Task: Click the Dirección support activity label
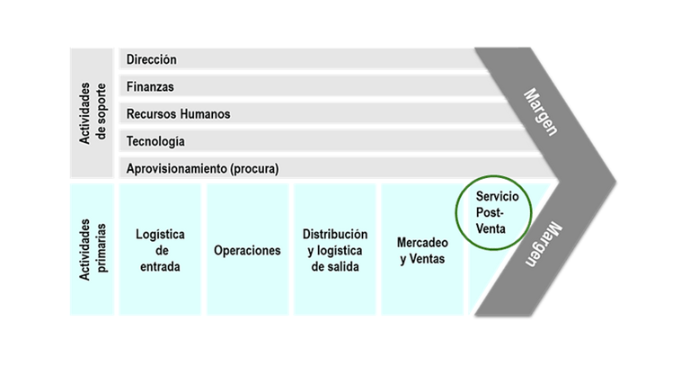tap(152, 59)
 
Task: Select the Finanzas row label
tap(150, 87)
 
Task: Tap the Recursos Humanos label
tap(178, 114)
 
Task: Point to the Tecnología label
tap(155, 141)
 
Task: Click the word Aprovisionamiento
tap(175, 168)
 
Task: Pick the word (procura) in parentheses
tap(253, 168)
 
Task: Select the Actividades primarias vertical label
tap(93, 249)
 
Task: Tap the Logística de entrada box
tap(159, 249)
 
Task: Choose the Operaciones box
tap(247, 250)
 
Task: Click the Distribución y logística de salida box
tap(335, 249)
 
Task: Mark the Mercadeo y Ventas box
tap(420, 250)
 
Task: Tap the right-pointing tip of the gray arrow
tap(614, 180)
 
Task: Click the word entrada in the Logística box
tap(159, 266)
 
